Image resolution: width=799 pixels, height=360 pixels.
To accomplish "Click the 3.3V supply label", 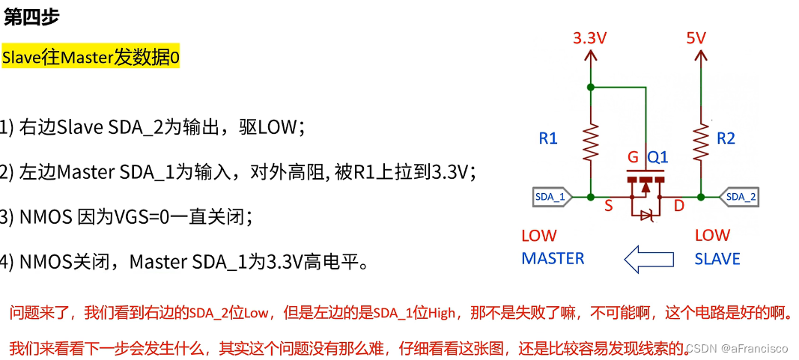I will [591, 37].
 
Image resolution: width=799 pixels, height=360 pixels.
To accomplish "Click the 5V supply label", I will [696, 37].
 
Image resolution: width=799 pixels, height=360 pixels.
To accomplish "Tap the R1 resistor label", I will [548, 138].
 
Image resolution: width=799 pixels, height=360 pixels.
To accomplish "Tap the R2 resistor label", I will [726, 138].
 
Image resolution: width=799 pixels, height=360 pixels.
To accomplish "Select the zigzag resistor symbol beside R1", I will [591, 141].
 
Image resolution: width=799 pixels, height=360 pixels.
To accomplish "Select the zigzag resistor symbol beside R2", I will [701, 141].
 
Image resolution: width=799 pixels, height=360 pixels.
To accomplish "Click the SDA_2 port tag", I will [741, 197].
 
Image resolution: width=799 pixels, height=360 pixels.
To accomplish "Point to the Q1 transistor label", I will [657, 159].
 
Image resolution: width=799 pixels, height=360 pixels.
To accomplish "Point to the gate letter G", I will [634, 159].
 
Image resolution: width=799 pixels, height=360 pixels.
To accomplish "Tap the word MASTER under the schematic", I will [553, 259].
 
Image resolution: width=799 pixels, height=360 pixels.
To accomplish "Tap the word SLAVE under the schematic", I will [717, 259].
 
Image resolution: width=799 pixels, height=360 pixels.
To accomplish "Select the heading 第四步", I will [31, 18].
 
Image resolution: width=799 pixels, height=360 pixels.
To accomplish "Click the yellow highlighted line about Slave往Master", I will [91, 58].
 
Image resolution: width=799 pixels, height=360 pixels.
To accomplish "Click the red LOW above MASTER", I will [539, 236].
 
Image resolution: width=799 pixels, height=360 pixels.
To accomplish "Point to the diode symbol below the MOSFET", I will [645, 216].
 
